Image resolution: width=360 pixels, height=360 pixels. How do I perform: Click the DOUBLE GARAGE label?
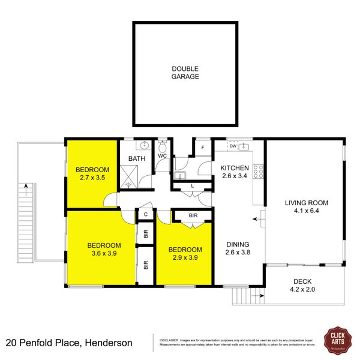[185, 73]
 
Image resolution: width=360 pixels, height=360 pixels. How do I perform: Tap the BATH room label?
[137, 159]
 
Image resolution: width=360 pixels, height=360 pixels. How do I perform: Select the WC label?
[162, 156]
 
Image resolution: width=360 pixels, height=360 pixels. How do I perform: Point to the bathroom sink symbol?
[145, 145]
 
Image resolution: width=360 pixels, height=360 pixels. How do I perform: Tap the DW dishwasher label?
[233, 146]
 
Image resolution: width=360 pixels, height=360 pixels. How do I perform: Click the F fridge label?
[203, 147]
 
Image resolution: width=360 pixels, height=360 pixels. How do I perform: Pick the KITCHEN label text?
[235, 167]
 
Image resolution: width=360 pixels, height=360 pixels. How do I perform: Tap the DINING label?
[238, 244]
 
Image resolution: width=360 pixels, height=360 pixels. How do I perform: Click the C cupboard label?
[146, 214]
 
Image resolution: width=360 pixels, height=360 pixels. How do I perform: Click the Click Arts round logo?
[337, 340]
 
